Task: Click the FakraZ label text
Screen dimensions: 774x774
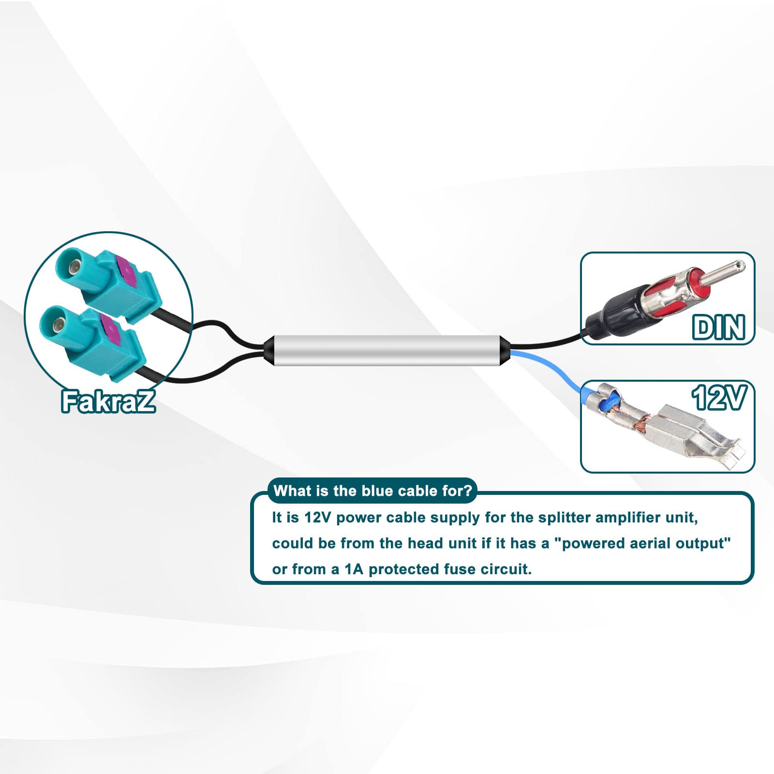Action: point(108,401)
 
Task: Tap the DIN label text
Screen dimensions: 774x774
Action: point(719,327)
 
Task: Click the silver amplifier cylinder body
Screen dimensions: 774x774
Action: point(387,350)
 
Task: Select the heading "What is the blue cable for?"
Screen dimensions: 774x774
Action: point(372,491)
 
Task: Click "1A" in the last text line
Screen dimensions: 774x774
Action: point(354,569)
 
